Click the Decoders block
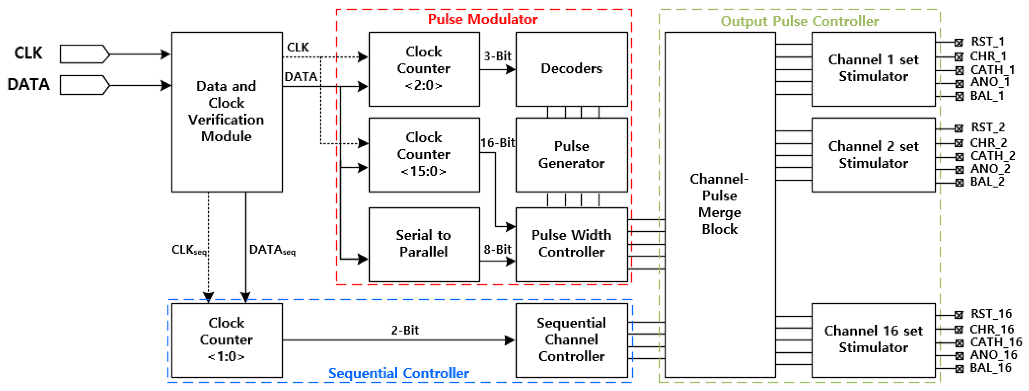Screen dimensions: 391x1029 click(571, 69)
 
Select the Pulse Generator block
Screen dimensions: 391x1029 click(571, 155)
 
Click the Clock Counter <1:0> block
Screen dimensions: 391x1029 click(226, 340)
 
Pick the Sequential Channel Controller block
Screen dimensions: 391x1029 click(571, 340)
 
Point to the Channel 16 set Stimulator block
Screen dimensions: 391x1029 click(873, 340)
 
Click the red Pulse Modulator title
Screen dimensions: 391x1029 click(483, 19)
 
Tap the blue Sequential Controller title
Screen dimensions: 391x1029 click(399, 373)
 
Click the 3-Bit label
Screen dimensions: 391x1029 click(497, 56)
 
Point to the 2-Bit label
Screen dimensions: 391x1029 click(405, 330)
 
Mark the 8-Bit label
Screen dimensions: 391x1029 click(497, 249)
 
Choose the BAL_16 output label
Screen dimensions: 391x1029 click(990, 368)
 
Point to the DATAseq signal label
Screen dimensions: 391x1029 click(272, 250)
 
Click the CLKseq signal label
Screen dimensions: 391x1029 click(189, 250)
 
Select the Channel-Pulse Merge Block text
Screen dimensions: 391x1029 click(719, 204)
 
